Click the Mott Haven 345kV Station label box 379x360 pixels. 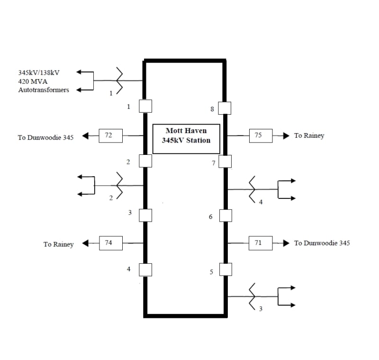[186, 139]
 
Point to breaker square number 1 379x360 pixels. [145, 106]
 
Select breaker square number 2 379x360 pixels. [145, 161]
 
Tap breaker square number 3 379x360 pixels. [145, 216]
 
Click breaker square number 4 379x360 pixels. [145, 270]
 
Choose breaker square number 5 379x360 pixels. [225, 270]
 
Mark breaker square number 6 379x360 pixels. [225, 216]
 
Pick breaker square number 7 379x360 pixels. [225, 162]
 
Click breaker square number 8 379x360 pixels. [225, 108]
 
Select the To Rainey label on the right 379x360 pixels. [309, 136]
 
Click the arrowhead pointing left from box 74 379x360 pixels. [86, 243]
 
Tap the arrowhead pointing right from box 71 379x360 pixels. [286, 243]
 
